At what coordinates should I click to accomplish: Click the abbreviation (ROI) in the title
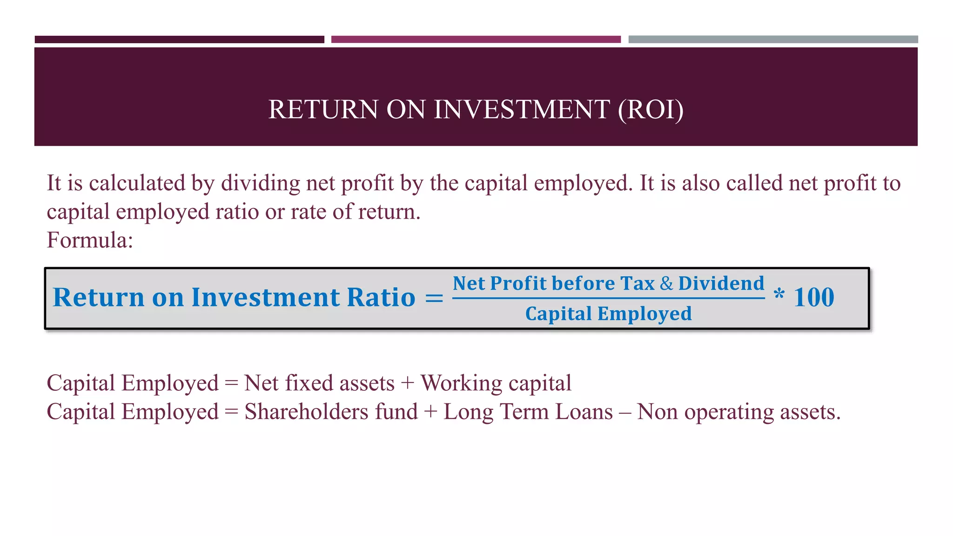coord(651,110)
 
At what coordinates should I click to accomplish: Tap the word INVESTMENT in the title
coord(521,110)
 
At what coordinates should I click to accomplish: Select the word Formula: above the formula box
coord(90,241)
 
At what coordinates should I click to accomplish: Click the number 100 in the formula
coord(814,297)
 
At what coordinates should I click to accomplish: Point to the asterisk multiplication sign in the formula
coord(779,294)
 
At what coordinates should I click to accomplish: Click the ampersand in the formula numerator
coord(666,283)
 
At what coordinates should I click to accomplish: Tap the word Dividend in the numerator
coord(721,283)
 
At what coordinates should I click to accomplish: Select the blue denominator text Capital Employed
coord(608,314)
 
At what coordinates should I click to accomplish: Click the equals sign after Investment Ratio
coord(434,298)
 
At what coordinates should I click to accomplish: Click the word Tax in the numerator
coord(638,283)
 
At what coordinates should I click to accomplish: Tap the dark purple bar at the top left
coord(179,40)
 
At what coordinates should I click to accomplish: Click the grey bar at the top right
coord(773,40)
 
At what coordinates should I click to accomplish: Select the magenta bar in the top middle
coord(476,40)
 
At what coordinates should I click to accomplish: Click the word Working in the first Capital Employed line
coord(461,384)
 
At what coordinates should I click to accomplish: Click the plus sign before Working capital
coord(407,384)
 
